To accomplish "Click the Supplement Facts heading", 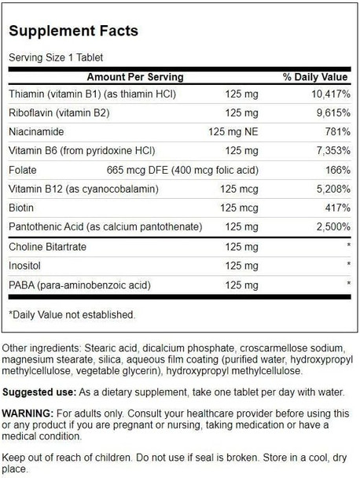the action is [x=74, y=31].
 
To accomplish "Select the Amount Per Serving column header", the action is [x=135, y=77].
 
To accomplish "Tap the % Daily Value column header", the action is [x=314, y=77].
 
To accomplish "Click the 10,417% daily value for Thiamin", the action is [x=324, y=95].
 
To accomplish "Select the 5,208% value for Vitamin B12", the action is [x=328, y=189].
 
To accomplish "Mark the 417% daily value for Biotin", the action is [x=335, y=208].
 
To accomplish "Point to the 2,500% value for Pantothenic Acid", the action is [x=328, y=226].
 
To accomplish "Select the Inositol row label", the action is [x=25, y=266].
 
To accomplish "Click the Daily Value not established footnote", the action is [x=72, y=314].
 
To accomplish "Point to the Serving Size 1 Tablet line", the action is [x=56, y=58].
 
